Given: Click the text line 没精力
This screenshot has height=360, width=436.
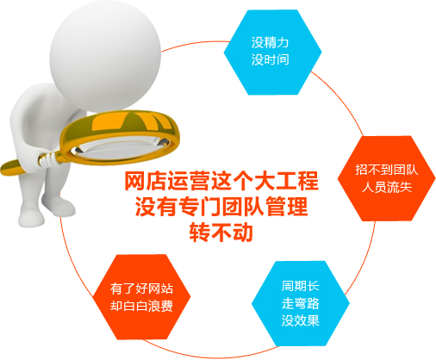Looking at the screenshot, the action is [270, 42].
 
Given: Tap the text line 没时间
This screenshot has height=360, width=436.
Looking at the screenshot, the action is [270, 59].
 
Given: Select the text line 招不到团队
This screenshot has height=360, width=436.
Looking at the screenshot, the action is [386, 170].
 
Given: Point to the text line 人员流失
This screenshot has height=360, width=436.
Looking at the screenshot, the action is [387, 187].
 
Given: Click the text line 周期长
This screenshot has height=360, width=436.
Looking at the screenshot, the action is [300, 286].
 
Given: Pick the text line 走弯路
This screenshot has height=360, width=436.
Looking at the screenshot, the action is [300, 303].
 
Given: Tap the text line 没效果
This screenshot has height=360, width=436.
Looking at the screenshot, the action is [300, 320].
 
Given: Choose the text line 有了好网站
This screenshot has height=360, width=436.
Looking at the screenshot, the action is [141, 289].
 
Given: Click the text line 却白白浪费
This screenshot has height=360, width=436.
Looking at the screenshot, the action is [141, 306].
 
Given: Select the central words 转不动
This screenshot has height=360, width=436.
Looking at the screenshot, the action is [221, 232].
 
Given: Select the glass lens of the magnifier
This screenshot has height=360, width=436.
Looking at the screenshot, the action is [121, 147].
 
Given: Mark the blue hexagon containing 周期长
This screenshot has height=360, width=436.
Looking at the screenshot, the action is [301, 303].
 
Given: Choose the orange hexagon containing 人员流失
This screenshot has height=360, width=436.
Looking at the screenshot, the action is [386, 178].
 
